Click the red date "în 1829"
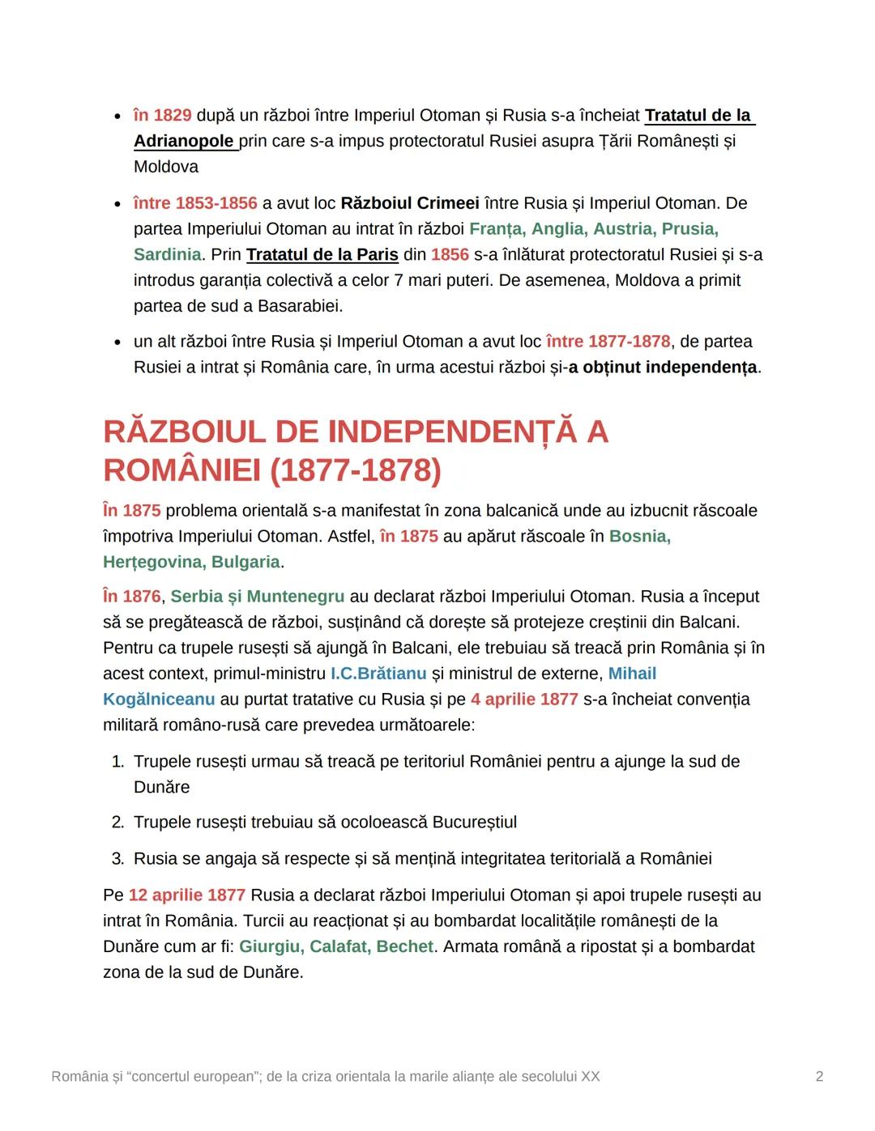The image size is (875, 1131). coord(163,116)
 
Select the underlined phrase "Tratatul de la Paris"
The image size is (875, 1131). coord(322,255)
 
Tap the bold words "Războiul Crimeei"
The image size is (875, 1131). coord(409,203)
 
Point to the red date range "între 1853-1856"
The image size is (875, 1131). coord(195,203)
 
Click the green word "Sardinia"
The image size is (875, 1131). coord(167,255)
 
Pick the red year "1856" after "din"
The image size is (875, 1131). coord(450,255)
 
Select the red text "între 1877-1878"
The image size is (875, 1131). coord(608,342)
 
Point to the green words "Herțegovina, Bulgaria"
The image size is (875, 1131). coord(191,563)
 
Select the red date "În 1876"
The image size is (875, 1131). coord(131,597)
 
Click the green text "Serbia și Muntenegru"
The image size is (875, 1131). coord(257,597)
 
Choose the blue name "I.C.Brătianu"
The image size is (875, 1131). coord(378,674)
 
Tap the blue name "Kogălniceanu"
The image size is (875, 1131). coord(159,699)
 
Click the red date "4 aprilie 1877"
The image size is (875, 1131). coord(524,699)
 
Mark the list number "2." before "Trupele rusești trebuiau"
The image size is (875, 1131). coord(117,823)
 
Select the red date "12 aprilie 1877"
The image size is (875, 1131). coord(186,895)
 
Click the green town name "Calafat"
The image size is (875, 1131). coord(338,947)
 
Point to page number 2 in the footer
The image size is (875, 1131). coord(819,1077)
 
